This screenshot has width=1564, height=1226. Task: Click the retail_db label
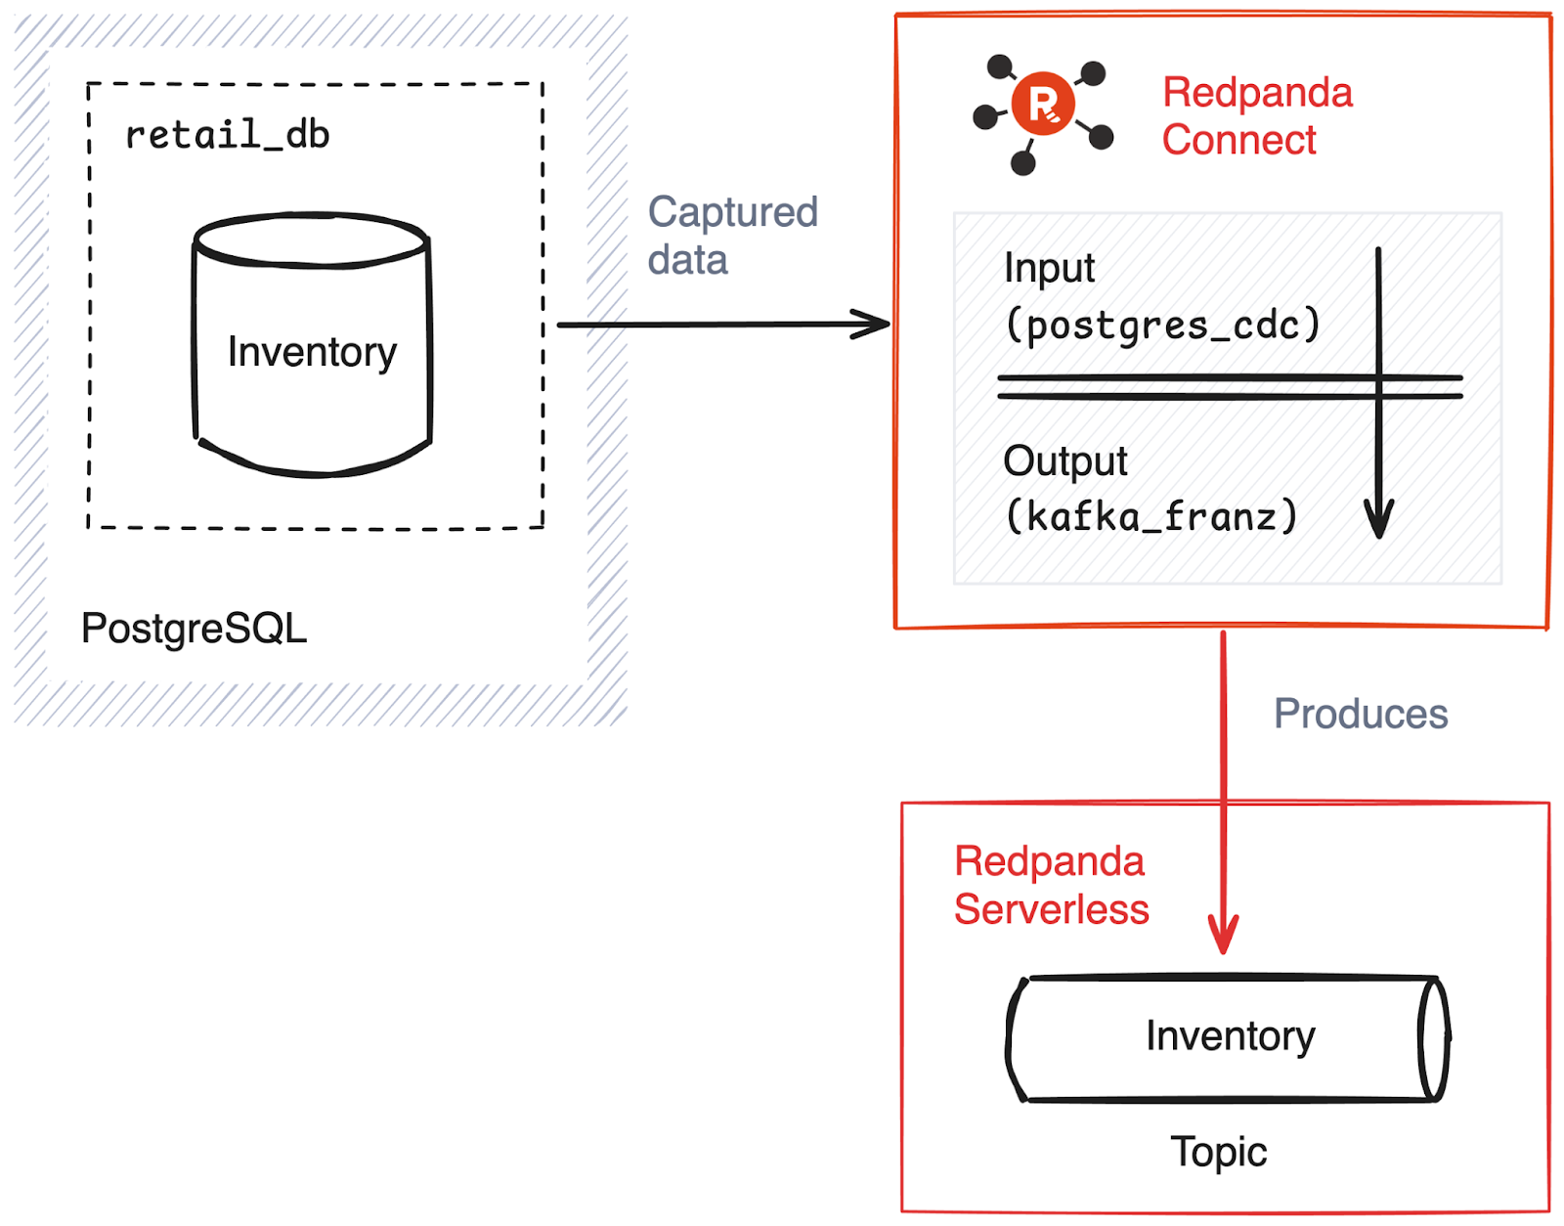227,135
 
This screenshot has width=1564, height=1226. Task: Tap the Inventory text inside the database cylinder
312,351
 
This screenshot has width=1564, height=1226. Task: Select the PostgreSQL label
194,628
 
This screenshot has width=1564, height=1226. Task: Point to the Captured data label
732,236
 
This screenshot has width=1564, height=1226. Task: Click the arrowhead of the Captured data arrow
875,324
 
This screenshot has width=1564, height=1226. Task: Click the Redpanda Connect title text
1257,116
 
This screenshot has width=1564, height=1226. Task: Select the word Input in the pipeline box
1049,268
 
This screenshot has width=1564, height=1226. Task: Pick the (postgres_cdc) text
1162,325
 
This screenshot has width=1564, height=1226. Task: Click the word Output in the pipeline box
1064,460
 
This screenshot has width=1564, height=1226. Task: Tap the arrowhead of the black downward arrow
1378,523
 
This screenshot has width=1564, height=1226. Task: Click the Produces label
1360,714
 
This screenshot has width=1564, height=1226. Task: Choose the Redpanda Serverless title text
1051,885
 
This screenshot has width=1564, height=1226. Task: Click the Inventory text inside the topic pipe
1230,1035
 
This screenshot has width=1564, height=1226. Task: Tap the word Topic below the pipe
1218,1152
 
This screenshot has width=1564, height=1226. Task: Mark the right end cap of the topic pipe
1434,1038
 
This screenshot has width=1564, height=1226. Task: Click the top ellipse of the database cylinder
311,239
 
